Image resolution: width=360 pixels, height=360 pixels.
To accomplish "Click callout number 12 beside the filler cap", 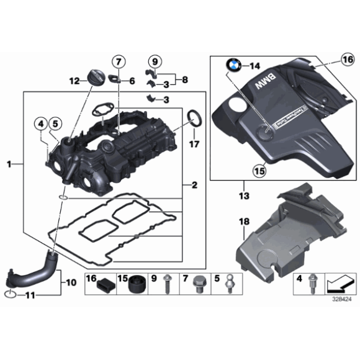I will point(74,81).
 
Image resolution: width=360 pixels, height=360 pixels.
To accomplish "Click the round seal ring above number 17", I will point(194,117).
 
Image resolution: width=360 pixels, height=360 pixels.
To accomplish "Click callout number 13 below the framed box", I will point(244,197).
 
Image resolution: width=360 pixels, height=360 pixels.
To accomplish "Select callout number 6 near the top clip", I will point(132,81).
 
